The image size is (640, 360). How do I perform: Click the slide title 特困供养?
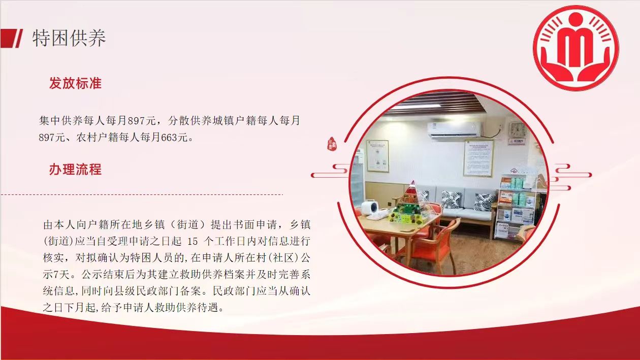pos(69,38)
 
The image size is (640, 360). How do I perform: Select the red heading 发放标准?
pos(75,83)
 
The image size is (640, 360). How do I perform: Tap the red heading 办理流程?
pos(75,170)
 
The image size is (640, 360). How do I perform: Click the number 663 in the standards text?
pos(170,138)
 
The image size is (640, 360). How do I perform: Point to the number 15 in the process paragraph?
pos(193,242)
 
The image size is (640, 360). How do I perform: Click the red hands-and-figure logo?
pos(576,48)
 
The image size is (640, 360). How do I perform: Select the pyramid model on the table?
pos(410,203)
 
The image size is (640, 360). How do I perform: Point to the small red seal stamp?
pos(332,144)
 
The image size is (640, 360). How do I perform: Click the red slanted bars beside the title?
pos(11,38)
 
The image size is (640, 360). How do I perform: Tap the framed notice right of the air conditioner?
pos(478,158)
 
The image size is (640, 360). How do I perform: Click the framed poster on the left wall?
pos(377,156)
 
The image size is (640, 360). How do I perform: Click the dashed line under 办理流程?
pos(142,194)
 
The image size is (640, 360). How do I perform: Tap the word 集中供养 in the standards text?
pos(60,120)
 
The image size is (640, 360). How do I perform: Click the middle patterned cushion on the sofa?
pos(452,200)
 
